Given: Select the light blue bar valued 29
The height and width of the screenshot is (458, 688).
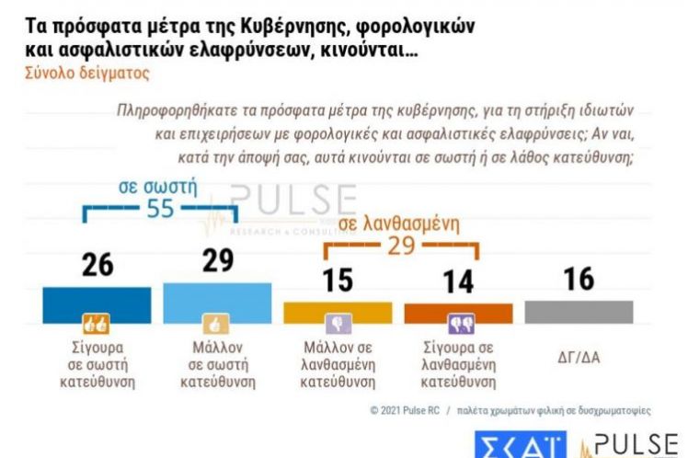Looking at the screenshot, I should pos(217,299).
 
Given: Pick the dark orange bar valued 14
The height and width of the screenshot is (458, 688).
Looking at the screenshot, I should pos(458,313).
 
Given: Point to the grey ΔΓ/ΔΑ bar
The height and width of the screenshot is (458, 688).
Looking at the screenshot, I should pos(579,311).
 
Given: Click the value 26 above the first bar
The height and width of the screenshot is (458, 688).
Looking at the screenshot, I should pos(97,264).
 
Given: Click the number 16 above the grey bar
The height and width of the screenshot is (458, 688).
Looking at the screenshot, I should pos(579,279).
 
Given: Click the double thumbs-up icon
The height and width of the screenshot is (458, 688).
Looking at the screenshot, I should pos(97,324).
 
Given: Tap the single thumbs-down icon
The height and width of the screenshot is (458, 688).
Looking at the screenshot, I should pos(338,324).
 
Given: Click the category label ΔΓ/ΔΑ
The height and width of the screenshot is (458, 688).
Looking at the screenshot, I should pos(579,357).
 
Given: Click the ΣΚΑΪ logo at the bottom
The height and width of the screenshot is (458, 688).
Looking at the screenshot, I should pos(520,445).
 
